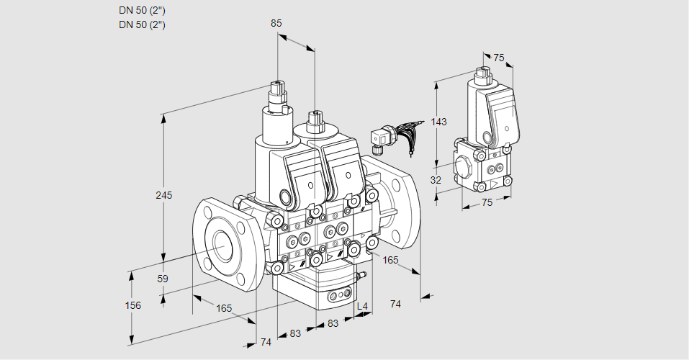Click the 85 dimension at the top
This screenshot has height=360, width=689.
point(276,23)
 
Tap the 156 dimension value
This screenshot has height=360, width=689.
point(133,305)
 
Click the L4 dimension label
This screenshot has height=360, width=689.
point(362,306)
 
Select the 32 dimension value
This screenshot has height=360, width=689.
point(436,180)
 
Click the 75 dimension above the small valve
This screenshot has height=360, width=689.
point(499,58)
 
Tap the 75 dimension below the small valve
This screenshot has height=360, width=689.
point(487,202)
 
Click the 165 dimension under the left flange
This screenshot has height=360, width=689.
point(224,308)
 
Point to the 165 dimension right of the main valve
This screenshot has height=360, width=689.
point(390,259)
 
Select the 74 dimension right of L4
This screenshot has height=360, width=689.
point(395,304)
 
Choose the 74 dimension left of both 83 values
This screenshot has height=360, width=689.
point(266,342)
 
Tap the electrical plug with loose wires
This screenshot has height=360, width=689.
point(380,136)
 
